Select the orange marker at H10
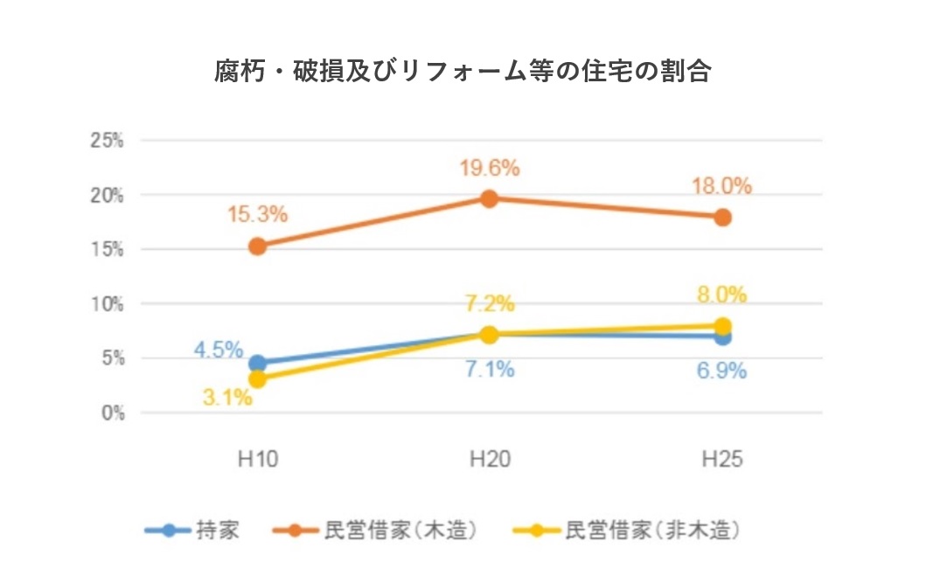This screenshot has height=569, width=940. point(258,246)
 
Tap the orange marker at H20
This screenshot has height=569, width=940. point(490,198)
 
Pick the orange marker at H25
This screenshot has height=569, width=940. point(722,217)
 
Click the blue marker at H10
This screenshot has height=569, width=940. point(258,364)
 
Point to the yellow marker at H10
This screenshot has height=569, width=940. point(258,379)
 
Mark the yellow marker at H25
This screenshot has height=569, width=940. point(722,326)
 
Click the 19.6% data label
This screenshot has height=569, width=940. point(490,169)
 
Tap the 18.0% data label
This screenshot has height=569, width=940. point(722,186)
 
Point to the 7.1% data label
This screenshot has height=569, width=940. point(490,370)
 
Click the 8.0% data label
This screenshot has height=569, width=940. point(722,295)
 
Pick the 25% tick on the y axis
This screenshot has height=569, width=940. point(108,140)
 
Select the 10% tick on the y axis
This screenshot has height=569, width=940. point(108,303)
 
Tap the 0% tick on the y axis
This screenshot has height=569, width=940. point(112,413)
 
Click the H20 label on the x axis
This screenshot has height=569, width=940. point(490,458)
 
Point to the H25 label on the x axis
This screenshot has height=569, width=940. point(722,458)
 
